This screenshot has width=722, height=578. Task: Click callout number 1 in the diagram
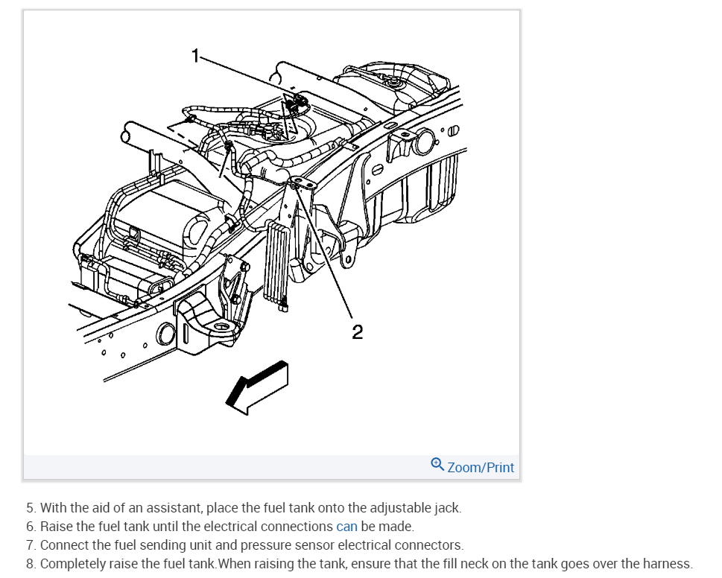click(196, 56)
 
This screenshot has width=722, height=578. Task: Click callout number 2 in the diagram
click(357, 332)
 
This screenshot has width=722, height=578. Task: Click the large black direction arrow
click(257, 386)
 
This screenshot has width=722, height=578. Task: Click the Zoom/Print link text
click(481, 468)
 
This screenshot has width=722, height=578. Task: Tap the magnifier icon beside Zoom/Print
click(437, 464)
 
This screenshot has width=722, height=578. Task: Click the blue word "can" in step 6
click(346, 527)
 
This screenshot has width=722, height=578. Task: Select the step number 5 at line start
click(31, 508)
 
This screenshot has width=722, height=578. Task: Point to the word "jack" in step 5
click(447, 508)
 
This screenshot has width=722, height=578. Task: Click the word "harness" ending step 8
click(667, 564)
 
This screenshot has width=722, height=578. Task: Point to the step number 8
click(31, 564)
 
